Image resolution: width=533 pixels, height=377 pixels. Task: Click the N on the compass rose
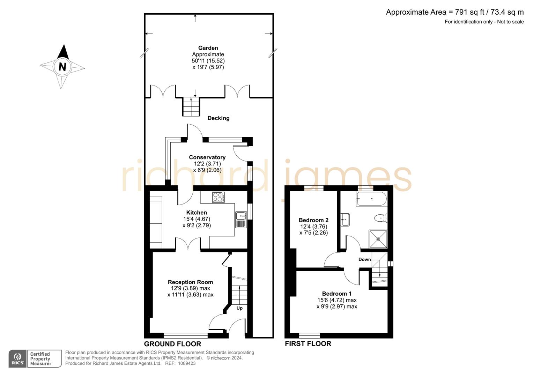pyautogui.click(x=62, y=66)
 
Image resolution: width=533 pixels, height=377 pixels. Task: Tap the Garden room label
pyautogui.click(x=208, y=48)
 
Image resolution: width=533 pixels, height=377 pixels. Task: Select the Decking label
pyautogui.click(x=219, y=118)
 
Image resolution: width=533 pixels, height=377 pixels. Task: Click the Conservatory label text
pyautogui.click(x=207, y=157)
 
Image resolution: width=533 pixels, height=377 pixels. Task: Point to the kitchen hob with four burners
pyautogui.click(x=219, y=197)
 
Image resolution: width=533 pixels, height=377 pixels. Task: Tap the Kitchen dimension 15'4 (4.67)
pyautogui.click(x=197, y=219)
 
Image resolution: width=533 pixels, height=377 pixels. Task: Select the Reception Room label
pyautogui.click(x=190, y=282)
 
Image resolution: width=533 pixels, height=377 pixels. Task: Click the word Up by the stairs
pyautogui.click(x=239, y=308)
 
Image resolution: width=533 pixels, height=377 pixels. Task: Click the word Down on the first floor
pyautogui.click(x=364, y=259)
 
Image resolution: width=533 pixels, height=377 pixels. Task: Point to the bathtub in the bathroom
pyautogui.click(x=371, y=199)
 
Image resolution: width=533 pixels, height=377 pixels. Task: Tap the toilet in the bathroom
pyautogui.click(x=380, y=219)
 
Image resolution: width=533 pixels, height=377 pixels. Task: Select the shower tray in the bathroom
pyautogui.click(x=378, y=239)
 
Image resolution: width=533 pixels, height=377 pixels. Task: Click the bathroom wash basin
pyautogui.click(x=345, y=220)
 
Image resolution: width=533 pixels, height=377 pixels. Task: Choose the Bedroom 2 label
pyautogui.click(x=313, y=220)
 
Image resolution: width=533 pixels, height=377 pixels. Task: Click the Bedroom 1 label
pyautogui.click(x=336, y=294)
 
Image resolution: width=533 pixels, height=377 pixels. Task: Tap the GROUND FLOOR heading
pyautogui.click(x=172, y=344)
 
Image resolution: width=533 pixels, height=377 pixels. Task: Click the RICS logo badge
pyautogui.click(x=17, y=358)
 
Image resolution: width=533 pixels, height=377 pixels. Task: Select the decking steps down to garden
pyautogui.click(x=191, y=106)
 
